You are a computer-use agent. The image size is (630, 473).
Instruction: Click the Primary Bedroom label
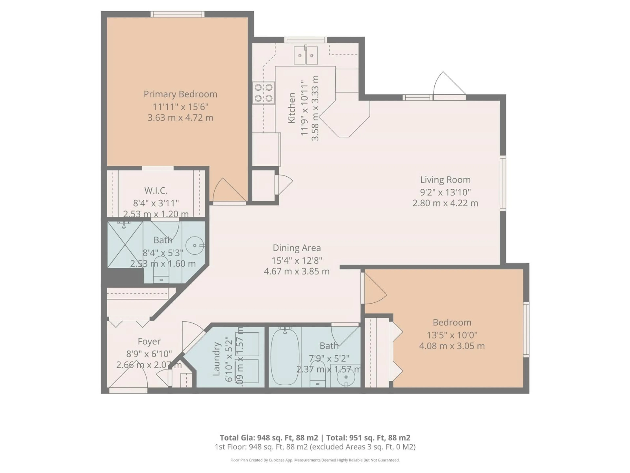pos(180,94)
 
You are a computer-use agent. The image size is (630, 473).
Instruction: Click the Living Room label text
pos(445,180)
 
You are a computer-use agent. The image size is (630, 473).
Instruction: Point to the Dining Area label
pos(296,248)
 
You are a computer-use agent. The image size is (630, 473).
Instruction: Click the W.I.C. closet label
pos(156,191)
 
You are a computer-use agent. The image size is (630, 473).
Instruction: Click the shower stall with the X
pos(125,245)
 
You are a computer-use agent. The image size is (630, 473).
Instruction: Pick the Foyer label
pos(149,341)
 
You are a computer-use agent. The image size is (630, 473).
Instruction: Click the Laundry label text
pos(216,359)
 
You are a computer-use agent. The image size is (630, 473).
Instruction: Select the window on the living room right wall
pos(503,183)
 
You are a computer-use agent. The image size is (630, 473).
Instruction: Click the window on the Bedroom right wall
pos(526,329)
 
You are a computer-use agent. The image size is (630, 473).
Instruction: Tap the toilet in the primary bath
pos(161,271)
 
